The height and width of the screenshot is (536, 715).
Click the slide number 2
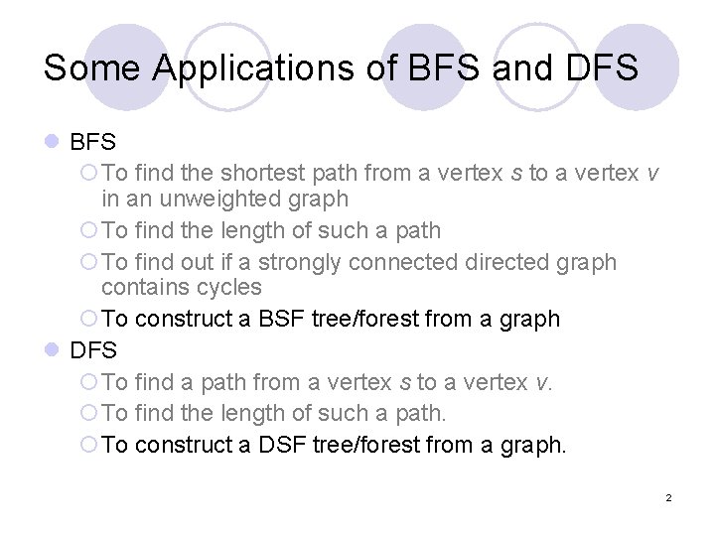pos(668,497)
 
